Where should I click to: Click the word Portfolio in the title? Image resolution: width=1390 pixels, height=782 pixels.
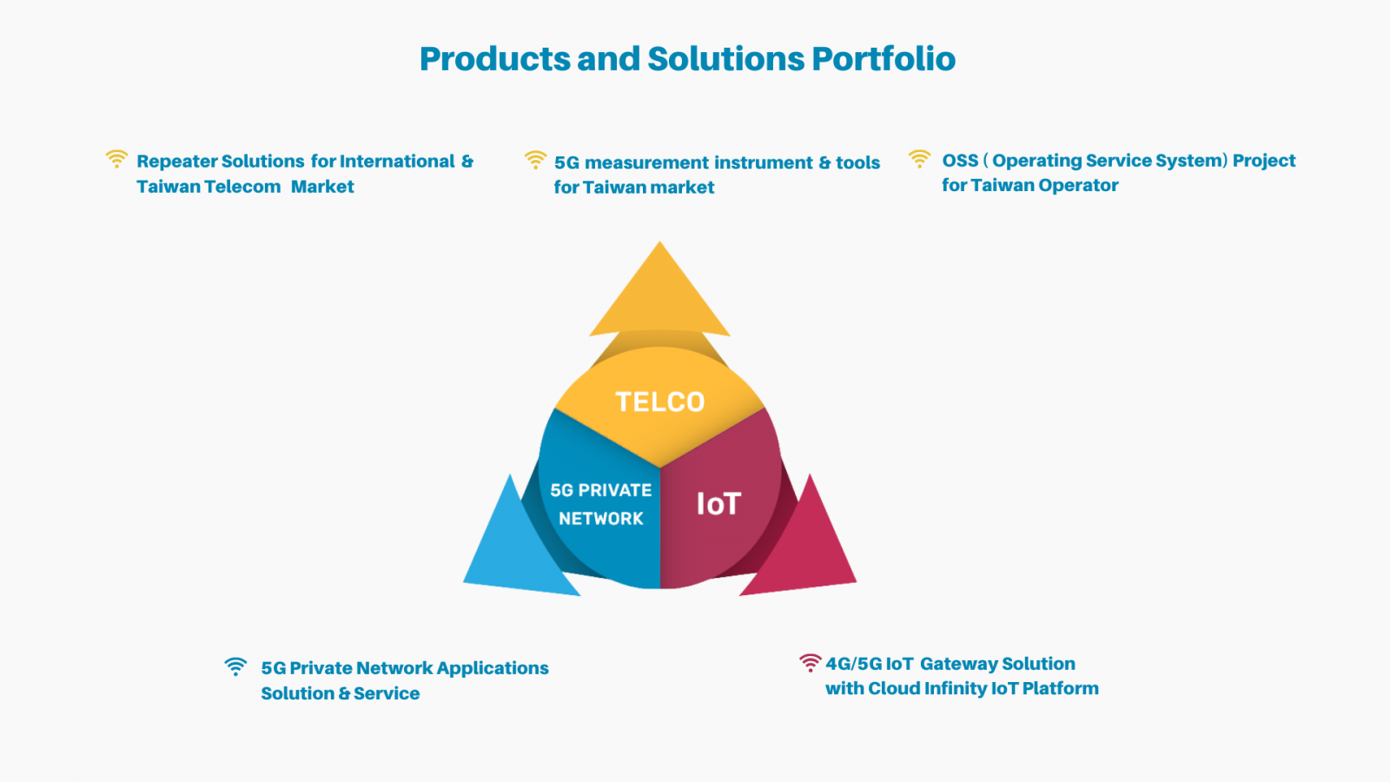(884, 59)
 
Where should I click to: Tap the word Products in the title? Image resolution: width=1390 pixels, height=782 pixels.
(494, 59)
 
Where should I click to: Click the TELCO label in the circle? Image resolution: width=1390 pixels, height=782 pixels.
(659, 402)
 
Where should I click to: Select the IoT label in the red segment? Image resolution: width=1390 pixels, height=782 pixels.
(718, 503)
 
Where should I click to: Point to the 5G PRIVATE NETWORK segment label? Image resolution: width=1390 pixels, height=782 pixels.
(600, 504)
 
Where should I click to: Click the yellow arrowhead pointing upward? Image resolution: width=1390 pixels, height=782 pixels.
(659, 292)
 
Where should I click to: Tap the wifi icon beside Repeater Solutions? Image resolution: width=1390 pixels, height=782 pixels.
(116, 159)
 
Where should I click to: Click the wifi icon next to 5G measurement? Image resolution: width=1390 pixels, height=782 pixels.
(535, 160)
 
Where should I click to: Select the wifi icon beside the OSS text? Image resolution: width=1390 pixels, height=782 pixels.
(919, 159)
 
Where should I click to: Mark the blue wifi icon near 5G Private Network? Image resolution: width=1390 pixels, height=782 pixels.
(235, 666)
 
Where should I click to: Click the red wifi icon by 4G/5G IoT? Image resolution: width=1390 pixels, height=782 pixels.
(810, 663)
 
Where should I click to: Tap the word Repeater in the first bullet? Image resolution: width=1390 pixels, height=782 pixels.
(176, 162)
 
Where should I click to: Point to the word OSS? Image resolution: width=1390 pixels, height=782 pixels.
(960, 161)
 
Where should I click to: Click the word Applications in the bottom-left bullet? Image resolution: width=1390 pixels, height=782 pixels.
(493, 668)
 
